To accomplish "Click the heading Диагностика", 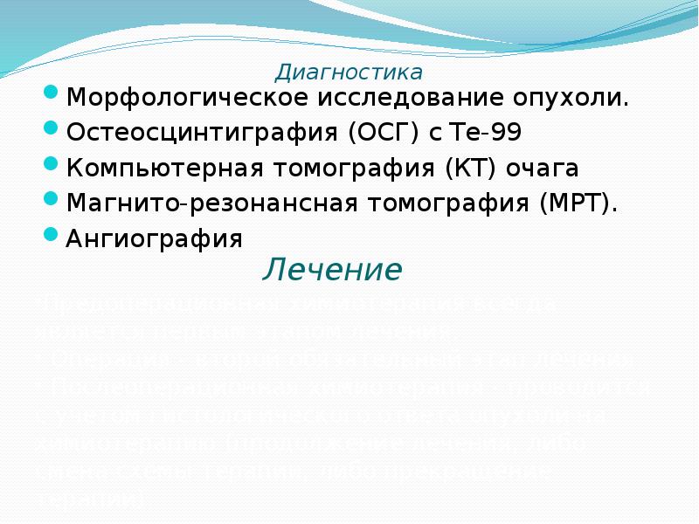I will pos(349,71).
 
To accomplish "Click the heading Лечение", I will pos(332,270).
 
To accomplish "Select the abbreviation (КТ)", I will pos(478,168).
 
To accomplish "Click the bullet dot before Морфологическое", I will pos(51,92).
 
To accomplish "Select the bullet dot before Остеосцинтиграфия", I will pos(51,128).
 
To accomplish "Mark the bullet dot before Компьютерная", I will pos(51,162).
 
